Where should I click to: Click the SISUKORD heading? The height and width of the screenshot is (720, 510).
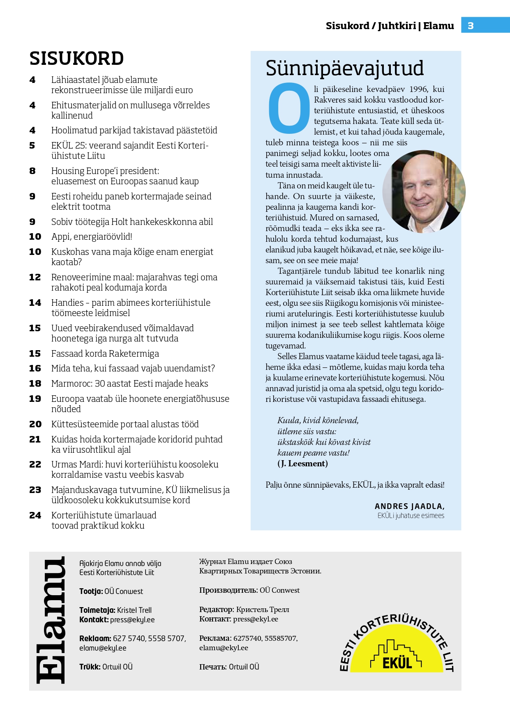(x=76, y=59)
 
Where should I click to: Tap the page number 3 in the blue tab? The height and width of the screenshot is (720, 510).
(x=471, y=26)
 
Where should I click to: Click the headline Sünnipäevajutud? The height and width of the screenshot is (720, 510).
(x=344, y=68)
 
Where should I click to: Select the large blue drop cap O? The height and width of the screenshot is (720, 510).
(x=289, y=108)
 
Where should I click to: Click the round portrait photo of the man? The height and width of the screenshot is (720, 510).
(x=423, y=191)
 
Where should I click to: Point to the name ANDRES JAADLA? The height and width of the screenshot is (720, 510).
(x=409, y=506)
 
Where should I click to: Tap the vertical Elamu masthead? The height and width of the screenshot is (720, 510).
(x=51, y=620)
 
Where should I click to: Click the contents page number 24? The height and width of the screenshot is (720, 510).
(x=35, y=516)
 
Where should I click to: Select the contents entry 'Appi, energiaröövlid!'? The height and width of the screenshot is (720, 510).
(x=92, y=237)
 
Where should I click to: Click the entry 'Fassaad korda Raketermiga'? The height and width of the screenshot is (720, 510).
(x=105, y=354)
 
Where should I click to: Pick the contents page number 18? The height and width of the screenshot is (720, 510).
(x=35, y=384)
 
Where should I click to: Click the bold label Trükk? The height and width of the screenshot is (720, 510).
(x=90, y=667)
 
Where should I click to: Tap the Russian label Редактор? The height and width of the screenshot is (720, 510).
(x=217, y=610)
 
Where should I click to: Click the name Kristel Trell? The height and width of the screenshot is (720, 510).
(x=134, y=610)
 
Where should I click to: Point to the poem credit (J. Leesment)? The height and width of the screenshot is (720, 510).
(x=302, y=464)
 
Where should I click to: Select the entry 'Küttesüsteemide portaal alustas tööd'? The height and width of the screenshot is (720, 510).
(x=125, y=424)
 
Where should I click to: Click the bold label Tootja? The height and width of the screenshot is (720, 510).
(x=91, y=592)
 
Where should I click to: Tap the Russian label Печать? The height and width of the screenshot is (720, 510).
(x=212, y=667)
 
